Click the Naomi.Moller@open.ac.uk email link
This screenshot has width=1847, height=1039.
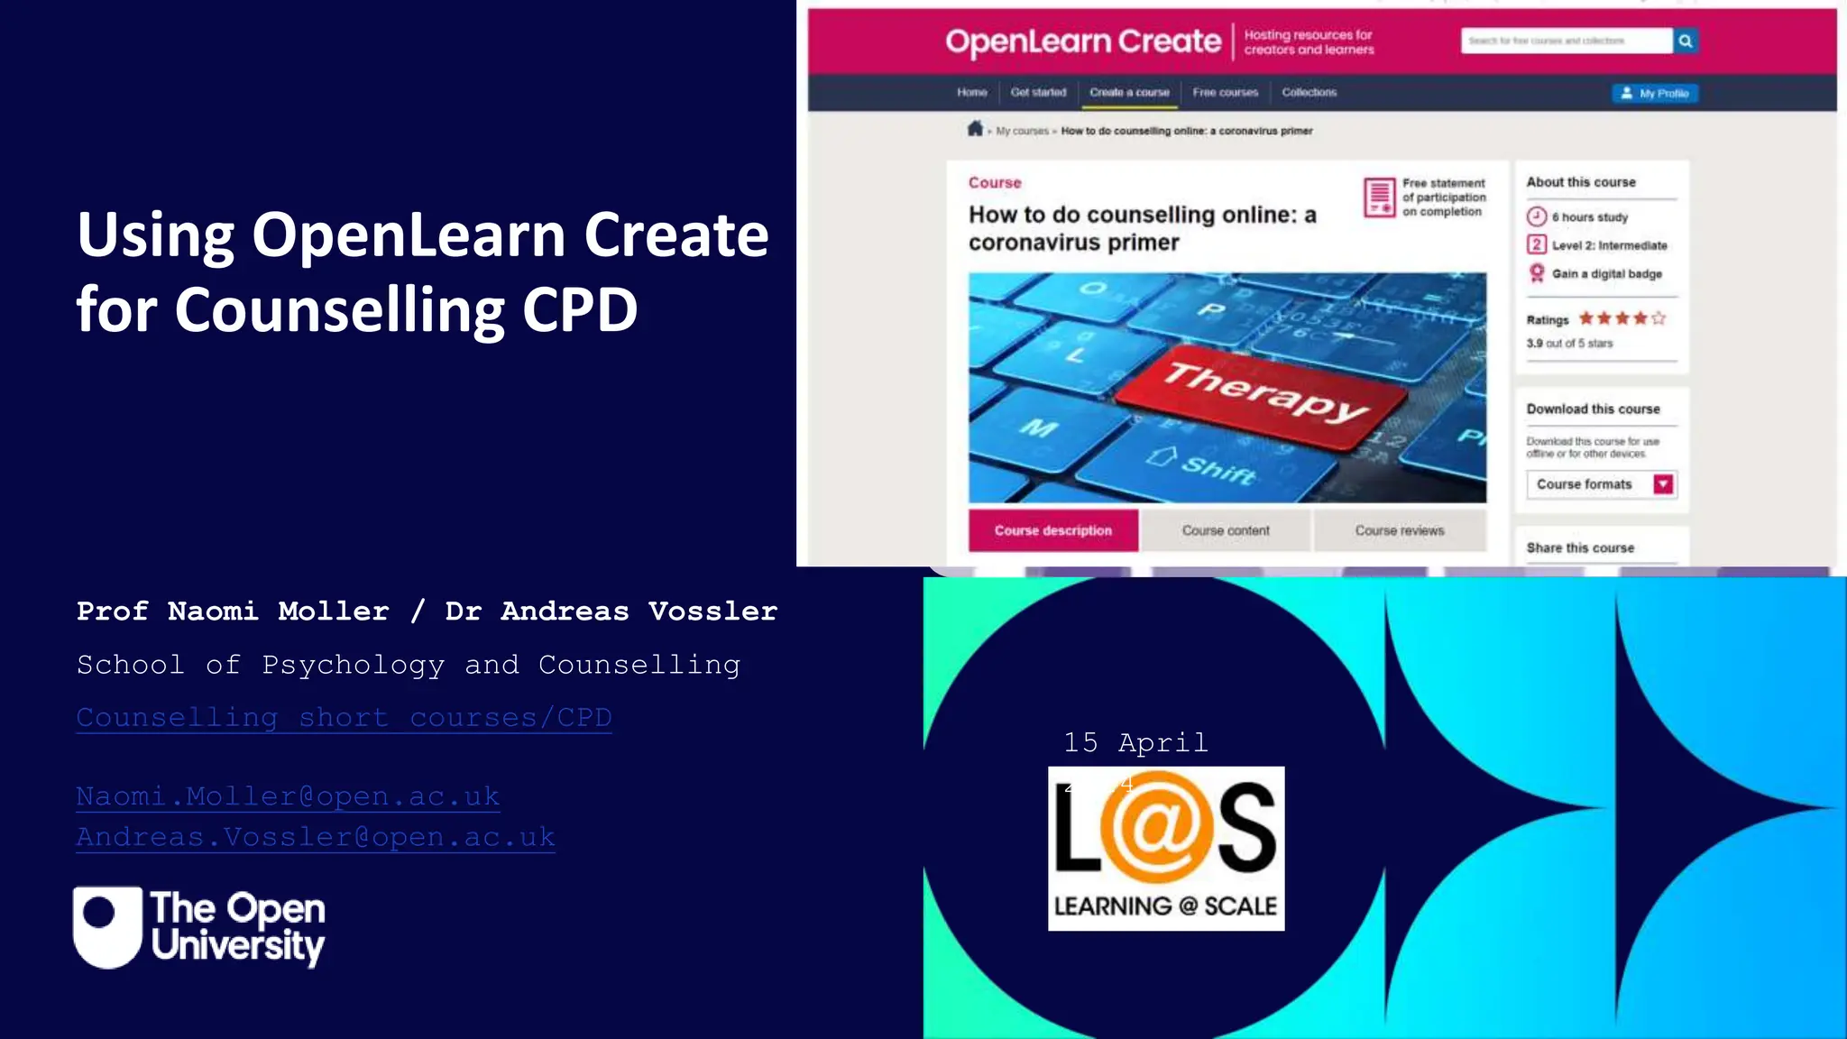pos(288,796)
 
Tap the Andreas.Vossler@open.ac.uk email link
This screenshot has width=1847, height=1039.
pos(315,837)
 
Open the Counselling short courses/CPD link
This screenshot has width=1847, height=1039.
pos(344,718)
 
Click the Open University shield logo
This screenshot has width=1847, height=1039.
pos(107,926)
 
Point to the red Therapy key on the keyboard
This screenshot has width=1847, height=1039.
pos(1263,393)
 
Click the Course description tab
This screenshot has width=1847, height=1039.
pos(1052,530)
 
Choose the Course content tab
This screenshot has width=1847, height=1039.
pos(1226,530)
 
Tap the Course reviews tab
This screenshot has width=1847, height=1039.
pos(1399,530)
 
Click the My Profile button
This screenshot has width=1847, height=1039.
pos(1655,93)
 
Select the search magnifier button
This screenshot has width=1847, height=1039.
pos(1685,41)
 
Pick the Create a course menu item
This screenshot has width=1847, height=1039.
pos(1129,92)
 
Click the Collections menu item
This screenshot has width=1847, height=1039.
pos(1309,92)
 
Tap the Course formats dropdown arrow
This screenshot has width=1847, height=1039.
pos(1663,484)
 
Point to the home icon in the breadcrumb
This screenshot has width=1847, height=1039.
pos(975,129)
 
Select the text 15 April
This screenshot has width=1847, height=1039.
pos(1135,742)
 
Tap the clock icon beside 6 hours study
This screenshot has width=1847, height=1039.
pos(1537,216)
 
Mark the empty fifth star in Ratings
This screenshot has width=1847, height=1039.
pos(1659,318)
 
